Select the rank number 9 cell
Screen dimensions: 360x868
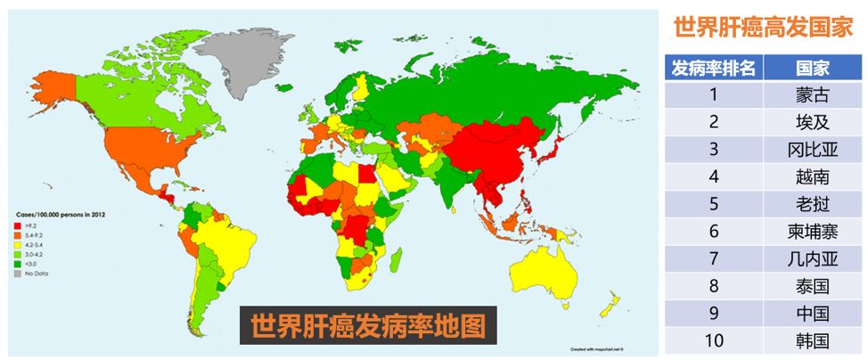[713, 313]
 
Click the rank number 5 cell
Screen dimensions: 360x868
[713, 202]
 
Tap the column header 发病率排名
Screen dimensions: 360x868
[713, 67]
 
